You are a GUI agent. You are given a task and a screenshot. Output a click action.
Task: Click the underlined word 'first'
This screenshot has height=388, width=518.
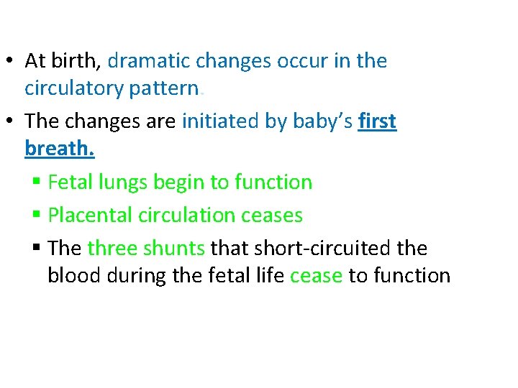(377, 121)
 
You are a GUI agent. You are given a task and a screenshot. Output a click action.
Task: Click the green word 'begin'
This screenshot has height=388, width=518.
(178, 183)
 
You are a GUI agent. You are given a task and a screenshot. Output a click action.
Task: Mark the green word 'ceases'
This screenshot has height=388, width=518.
(274, 215)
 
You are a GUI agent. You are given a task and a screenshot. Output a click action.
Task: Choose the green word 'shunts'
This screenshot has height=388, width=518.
(174, 248)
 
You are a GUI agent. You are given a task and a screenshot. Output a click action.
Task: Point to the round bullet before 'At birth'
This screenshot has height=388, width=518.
(13, 62)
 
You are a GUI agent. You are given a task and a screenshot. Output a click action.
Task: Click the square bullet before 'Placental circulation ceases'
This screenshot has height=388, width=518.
(37, 216)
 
